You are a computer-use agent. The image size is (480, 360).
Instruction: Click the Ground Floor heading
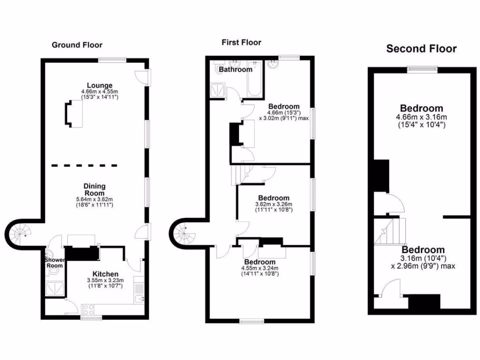77,45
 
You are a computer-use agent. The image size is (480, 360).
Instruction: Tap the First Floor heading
241,43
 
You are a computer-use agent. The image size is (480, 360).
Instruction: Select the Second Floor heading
421,49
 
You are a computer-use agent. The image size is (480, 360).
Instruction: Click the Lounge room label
99,85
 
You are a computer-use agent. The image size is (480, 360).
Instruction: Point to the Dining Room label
95,189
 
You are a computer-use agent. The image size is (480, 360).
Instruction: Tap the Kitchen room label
105,274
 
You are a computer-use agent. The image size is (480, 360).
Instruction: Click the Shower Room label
54,263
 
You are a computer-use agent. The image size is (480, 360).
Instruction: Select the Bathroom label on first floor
236,69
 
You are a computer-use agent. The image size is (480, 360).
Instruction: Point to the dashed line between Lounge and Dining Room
84,165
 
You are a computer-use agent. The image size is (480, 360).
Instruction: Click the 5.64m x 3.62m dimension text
95,199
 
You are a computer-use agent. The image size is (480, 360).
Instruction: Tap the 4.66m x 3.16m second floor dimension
421,117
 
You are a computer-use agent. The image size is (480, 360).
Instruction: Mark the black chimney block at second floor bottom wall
424,301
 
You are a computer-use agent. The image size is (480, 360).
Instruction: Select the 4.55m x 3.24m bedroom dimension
260,268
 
